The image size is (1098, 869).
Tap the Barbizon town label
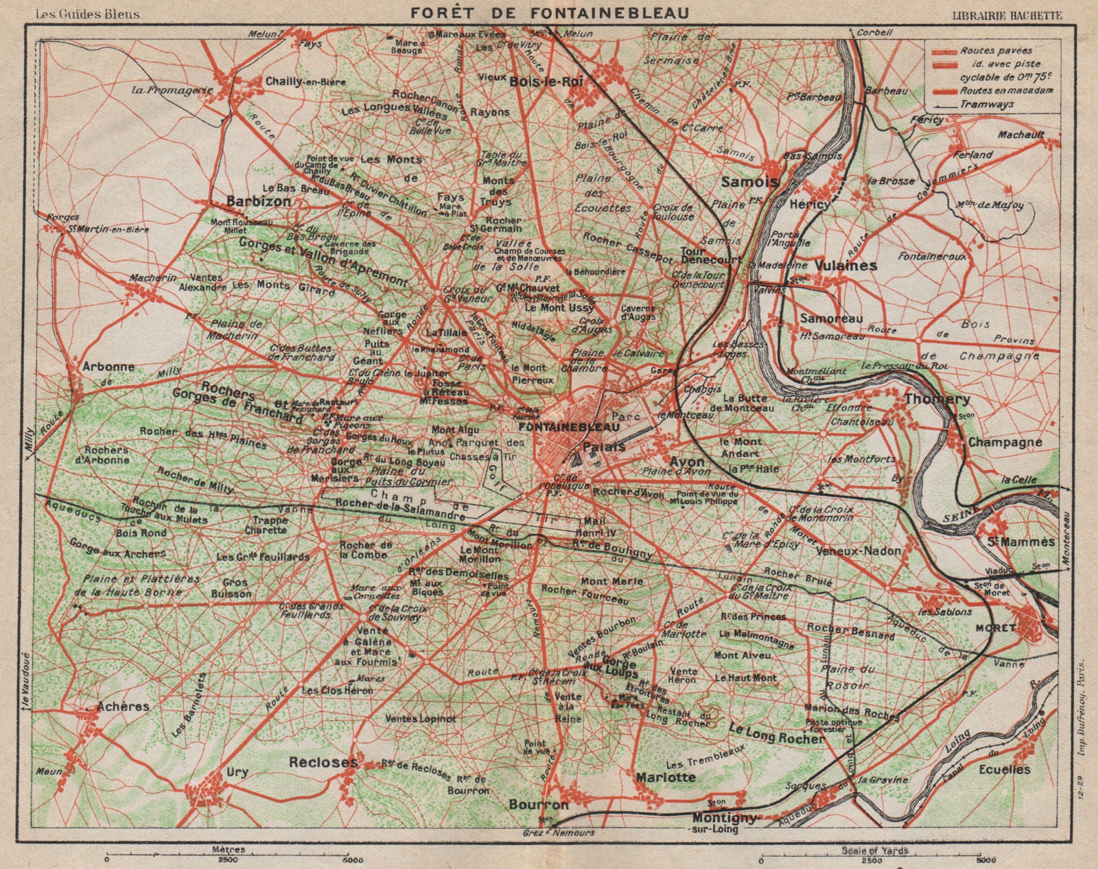(259, 202)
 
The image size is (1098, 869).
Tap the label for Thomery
(937, 399)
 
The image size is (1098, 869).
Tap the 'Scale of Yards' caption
(875, 850)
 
